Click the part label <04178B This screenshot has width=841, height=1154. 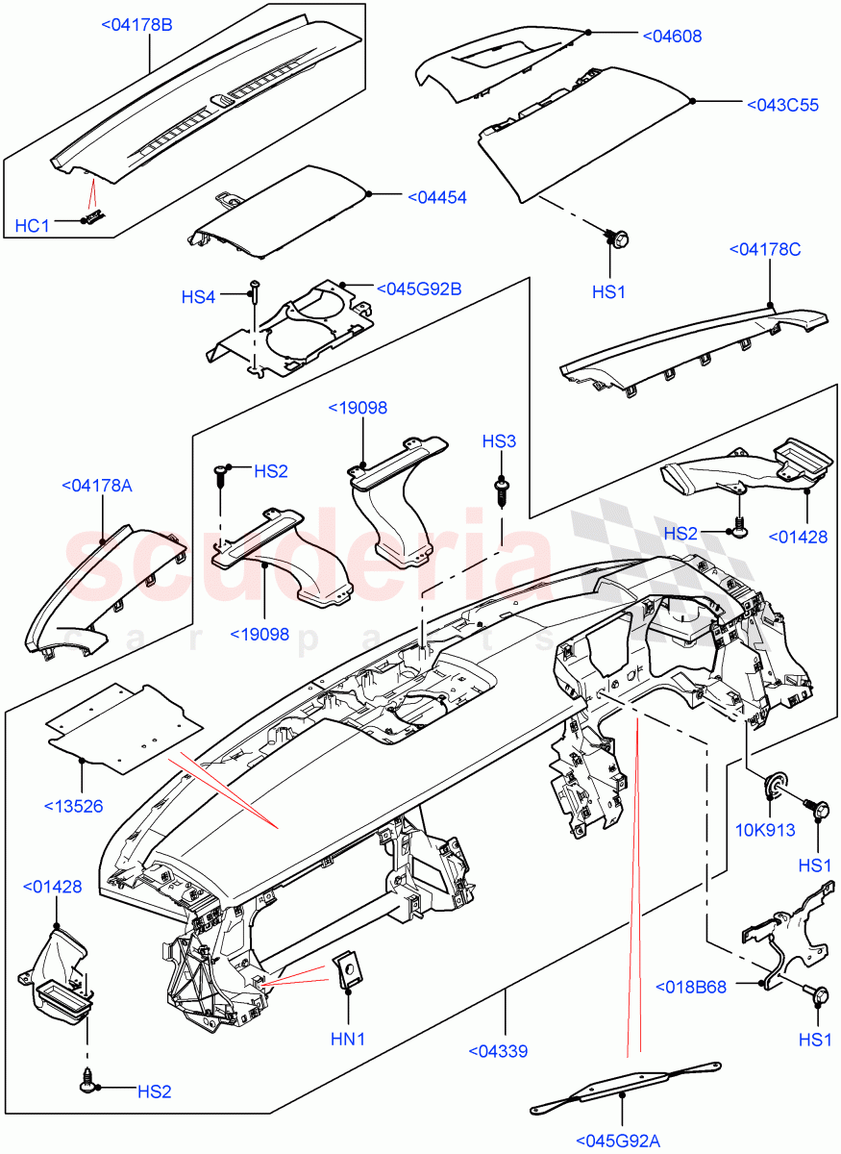pos(136,25)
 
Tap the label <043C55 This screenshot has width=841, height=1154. pos(781,105)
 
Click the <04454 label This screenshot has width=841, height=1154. pos(436,197)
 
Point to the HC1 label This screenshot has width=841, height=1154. pos(32,226)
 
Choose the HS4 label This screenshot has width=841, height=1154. pos(197,298)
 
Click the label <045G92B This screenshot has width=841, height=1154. pos(418,288)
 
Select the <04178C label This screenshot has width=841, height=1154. pos(771,251)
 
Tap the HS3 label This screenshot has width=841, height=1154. pos(499,441)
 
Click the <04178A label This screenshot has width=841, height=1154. pos(96,486)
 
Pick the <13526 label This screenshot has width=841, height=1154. pos(73,805)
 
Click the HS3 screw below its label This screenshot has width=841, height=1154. pos(500,489)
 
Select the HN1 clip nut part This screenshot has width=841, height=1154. pos(347,969)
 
